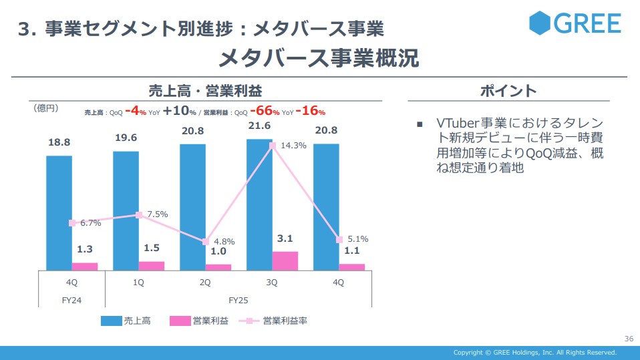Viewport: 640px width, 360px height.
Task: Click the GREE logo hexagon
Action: point(540,23)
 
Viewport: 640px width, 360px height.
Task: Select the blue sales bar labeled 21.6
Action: point(259,194)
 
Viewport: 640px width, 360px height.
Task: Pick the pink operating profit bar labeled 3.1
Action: point(285,261)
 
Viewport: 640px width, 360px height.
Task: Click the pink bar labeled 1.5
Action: point(152,266)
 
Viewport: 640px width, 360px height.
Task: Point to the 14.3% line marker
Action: point(273,145)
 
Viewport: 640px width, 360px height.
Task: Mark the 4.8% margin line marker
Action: point(206,242)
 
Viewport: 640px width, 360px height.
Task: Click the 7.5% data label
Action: point(157,214)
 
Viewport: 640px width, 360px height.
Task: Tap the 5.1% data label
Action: point(357,238)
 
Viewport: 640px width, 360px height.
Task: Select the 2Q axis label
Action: point(205,283)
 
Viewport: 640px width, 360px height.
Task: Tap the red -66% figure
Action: point(265,112)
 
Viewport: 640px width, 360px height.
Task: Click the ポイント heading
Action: point(508,92)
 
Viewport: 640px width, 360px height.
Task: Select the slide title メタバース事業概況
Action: point(319,58)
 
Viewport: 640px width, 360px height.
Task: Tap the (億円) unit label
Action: point(46,107)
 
